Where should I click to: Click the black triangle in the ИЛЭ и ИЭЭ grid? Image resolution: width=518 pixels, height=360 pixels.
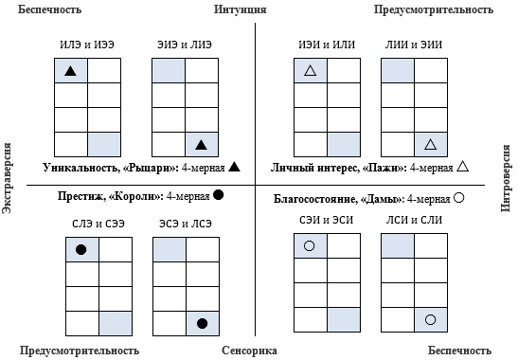click(70, 71)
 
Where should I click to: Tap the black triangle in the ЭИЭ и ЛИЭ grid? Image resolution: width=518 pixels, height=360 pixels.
click(200, 144)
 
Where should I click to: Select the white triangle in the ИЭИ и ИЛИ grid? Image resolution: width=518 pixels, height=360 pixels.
click(309, 71)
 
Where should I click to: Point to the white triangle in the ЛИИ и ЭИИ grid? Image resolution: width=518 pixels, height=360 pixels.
click(430, 144)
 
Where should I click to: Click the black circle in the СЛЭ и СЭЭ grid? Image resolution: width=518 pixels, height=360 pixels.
click(80, 249)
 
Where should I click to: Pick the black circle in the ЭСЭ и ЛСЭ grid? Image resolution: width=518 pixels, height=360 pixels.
click(202, 323)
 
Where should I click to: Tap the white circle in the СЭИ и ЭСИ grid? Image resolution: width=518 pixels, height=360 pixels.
click(309, 246)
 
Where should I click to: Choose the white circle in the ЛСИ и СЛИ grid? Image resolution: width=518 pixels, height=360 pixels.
click(430, 320)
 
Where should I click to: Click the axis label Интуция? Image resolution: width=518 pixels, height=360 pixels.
click(241, 9)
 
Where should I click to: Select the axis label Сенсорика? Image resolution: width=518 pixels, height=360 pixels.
click(249, 351)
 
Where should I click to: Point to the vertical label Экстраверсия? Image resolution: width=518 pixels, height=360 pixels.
click(8, 180)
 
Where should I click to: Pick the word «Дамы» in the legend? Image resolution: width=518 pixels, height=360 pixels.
click(380, 199)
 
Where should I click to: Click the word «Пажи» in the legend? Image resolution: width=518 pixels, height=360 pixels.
click(383, 168)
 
